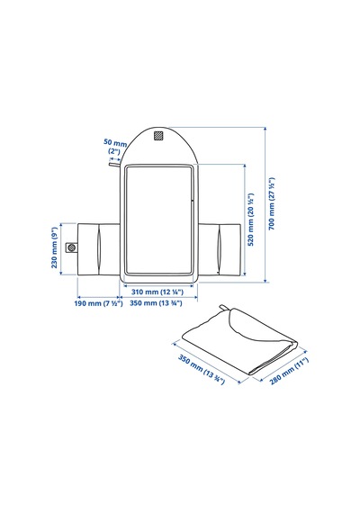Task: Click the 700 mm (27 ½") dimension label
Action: pyautogui.click(x=272, y=203)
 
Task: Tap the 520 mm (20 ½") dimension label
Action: pyautogui.click(x=251, y=220)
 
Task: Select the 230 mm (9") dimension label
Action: pyautogui.click(x=54, y=247)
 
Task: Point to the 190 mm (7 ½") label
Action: pyautogui.click(x=98, y=303)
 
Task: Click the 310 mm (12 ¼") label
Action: pyautogui.click(x=157, y=292)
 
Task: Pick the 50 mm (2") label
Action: pyautogui.click(x=115, y=147)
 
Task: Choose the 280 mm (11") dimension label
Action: pyautogui.click(x=289, y=372)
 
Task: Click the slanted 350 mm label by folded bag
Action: pyautogui.click(x=202, y=369)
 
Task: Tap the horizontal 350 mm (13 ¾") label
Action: pyautogui.click(x=156, y=303)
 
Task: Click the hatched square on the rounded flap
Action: pyautogui.click(x=158, y=136)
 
